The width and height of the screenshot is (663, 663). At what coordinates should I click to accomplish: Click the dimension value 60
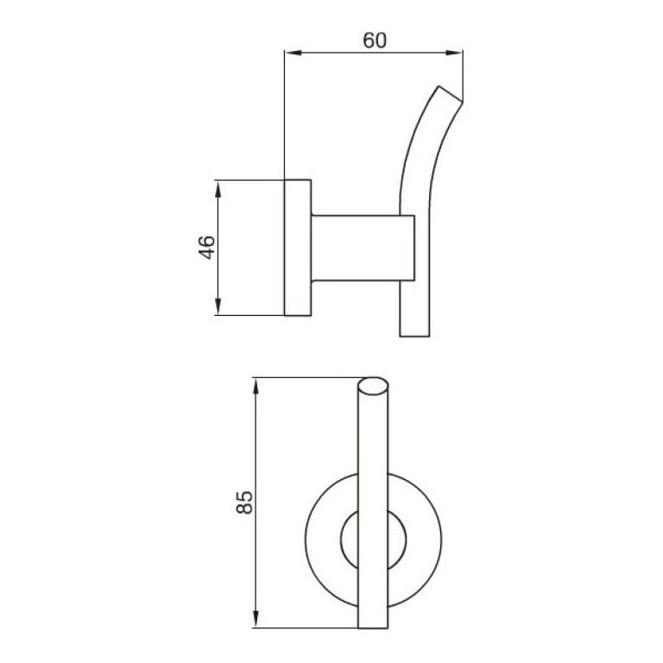tap(374, 41)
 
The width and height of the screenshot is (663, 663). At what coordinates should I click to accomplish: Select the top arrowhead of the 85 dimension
tap(256, 383)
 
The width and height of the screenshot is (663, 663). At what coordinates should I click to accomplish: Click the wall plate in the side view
tap(298, 248)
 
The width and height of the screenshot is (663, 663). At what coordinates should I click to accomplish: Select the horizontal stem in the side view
tap(354, 248)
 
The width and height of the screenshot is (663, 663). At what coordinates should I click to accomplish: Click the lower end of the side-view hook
tap(414, 332)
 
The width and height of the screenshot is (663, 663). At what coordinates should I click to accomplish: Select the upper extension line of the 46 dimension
tap(250, 180)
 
